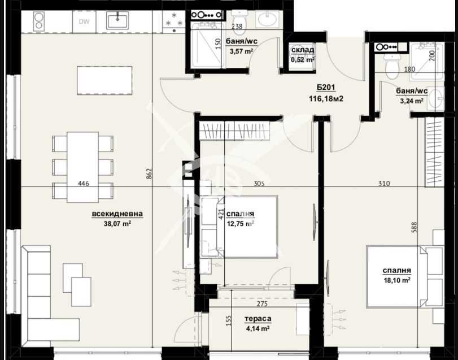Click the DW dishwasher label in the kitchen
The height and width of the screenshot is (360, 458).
point(84,22)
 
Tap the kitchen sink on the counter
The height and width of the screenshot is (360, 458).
point(118,21)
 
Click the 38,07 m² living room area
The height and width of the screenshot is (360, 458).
point(119,223)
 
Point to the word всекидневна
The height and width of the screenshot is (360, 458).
point(117,214)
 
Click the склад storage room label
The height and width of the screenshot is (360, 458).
point(302,50)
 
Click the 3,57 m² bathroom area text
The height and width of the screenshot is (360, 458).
point(241,51)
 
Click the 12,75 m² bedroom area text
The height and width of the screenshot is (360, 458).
point(240,223)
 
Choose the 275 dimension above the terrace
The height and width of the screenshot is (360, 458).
point(261,305)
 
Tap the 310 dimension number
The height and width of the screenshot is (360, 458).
point(384,183)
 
